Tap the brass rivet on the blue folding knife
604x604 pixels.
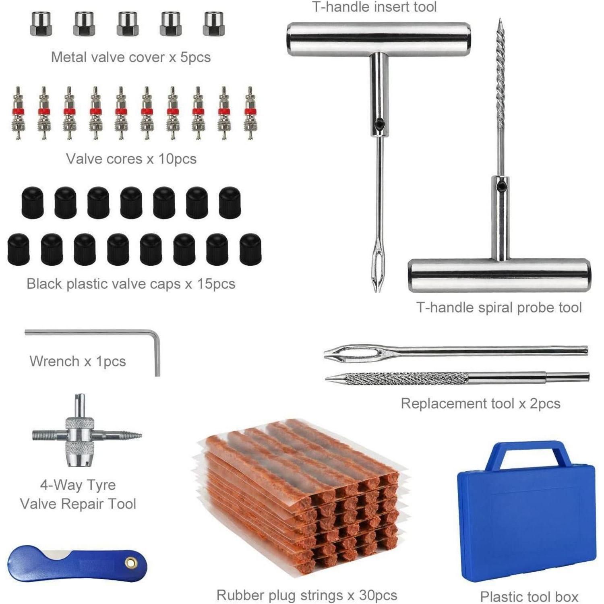pyautogui.click(x=130, y=563)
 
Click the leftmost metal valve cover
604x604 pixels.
pyautogui.click(x=41, y=24)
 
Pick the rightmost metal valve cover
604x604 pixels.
pyautogui.click(x=213, y=24)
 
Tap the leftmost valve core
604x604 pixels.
pyautogui.click(x=18, y=113)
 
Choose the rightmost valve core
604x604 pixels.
pyautogui.click(x=250, y=113)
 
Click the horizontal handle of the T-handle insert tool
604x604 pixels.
pyautogui.click(x=379, y=39)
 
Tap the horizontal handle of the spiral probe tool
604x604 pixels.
pyautogui.click(x=499, y=275)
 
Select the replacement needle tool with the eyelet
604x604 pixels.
pyautogui.click(x=456, y=352)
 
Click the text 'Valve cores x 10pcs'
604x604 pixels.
pyautogui.click(x=131, y=159)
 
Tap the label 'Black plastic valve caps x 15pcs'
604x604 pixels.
pyautogui.click(x=131, y=284)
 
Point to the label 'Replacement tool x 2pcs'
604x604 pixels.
pyautogui.click(x=480, y=403)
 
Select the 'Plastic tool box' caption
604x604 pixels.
pyautogui.click(x=529, y=596)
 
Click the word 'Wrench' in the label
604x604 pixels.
pyautogui.click(x=54, y=361)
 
